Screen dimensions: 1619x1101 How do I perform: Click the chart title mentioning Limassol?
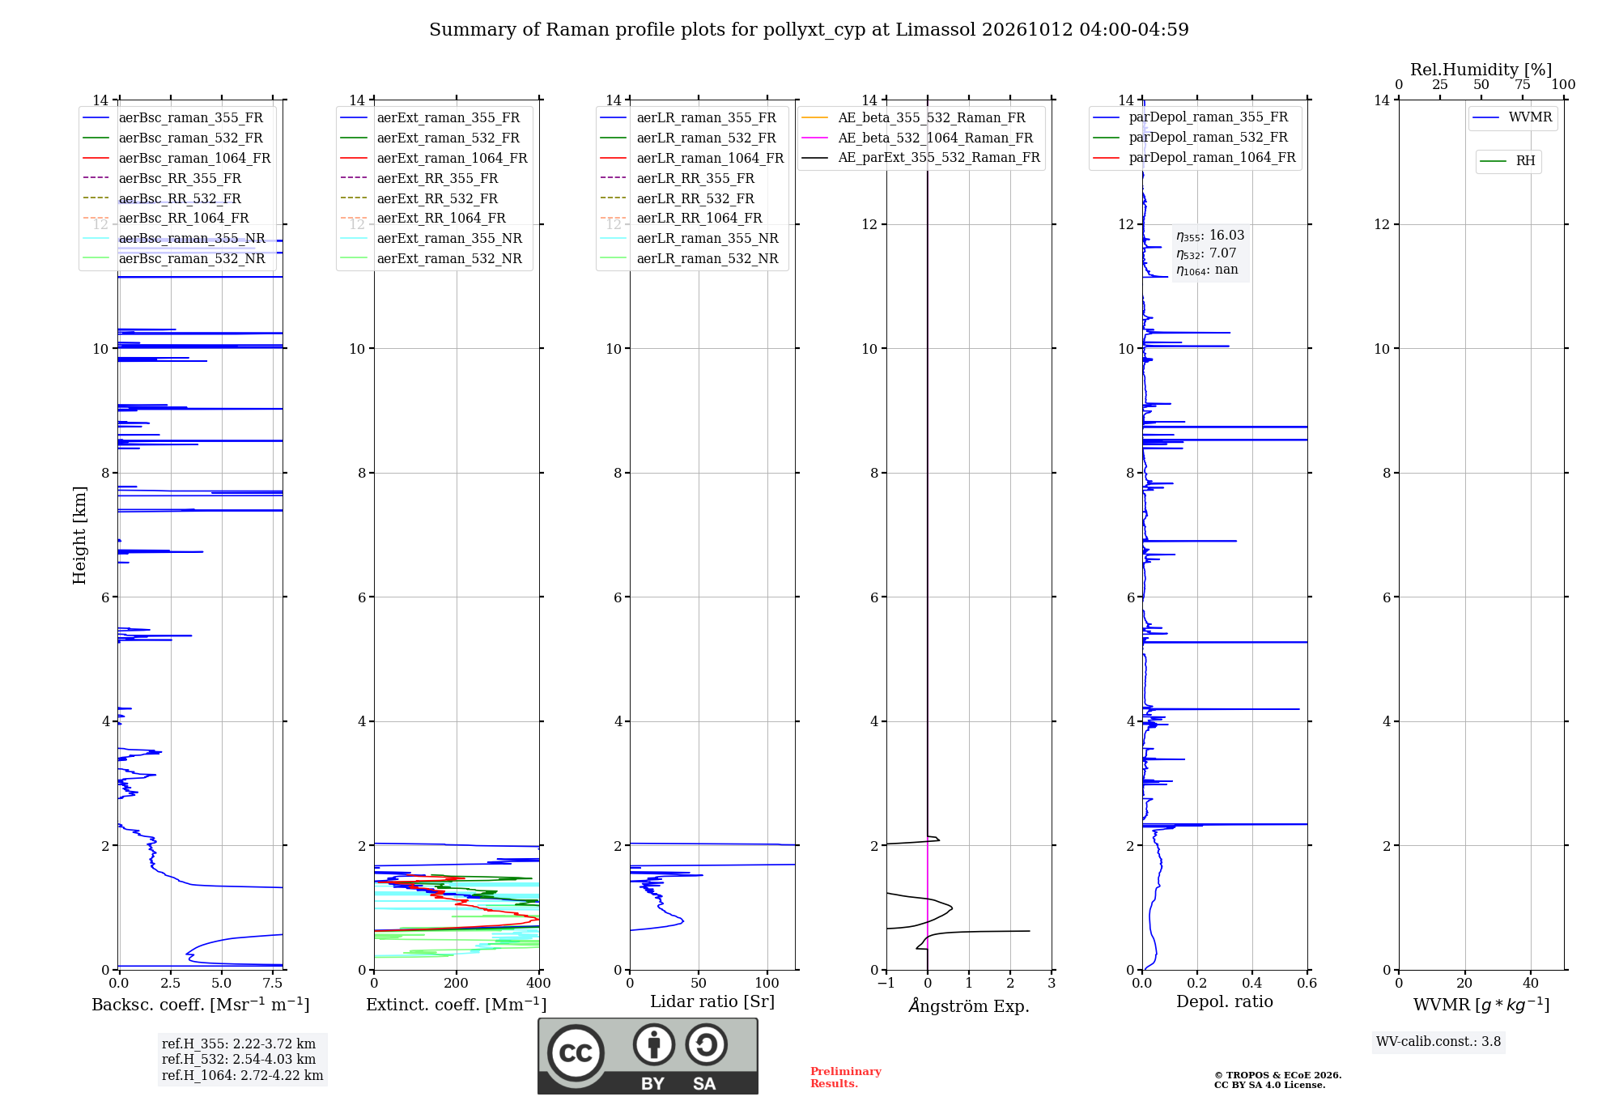click(x=809, y=30)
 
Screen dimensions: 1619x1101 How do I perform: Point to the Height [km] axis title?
click(x=79, y=535)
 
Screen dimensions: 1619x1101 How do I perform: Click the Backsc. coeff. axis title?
click(x=201, y=1004)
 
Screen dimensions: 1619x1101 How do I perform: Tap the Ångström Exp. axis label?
click(x=969, y=1005)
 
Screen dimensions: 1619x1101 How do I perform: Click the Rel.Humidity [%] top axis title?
click(x=1481, y=70)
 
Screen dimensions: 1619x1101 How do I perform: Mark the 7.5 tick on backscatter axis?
click(x=273, y=983)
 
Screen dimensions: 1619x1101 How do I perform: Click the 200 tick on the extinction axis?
click(x=457, y=983)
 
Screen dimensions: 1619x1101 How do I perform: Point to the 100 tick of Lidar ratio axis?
click(x=767, y=983)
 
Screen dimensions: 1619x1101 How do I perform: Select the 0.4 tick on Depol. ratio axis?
click(x=1252, y=983)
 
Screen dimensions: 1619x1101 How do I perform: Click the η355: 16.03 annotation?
click(x=1210, y=236)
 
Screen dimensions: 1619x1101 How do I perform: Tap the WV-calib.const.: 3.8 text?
click(x=1438, y=1041)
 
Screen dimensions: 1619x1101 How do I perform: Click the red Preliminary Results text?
click(x=846, y=1078)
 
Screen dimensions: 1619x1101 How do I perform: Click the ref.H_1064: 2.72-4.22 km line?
click(x=242, y=1075)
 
